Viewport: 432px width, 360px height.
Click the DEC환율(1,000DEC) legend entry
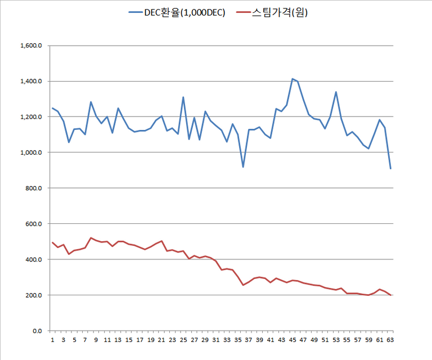tap(177, 11)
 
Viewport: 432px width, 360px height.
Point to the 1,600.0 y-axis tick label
tap(31, 46)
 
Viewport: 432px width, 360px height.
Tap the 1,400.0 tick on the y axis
tap(31, 82)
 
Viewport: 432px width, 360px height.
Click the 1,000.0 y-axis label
tap(31, 152)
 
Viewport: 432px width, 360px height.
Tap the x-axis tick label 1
tap(52, 340)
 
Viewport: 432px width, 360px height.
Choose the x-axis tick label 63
tap(391, 340)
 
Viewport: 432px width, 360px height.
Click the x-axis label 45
tap(292, 340)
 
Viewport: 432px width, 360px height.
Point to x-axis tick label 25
tap(183, 340)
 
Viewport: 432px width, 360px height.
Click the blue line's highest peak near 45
tap(292, 79)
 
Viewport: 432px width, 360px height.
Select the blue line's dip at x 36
tap(243, 167)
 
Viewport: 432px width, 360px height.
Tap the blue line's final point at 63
tap(391, 169)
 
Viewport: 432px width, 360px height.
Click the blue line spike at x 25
tap(183, 97)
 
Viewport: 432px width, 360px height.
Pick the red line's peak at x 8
tap(91, 237)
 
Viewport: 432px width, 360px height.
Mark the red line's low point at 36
tap(243, 285)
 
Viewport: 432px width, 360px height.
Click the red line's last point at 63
tap(391, 295)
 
